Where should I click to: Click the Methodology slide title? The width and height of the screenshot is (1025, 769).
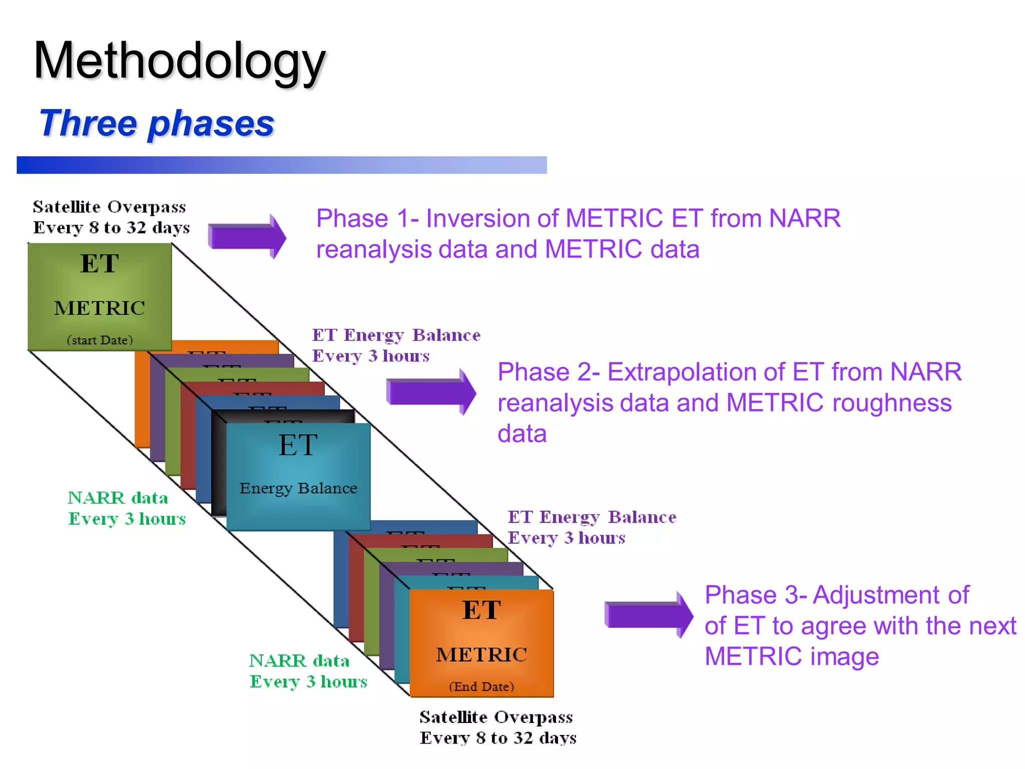coord(179,61)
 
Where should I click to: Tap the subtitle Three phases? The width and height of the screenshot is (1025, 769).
coord(156,123)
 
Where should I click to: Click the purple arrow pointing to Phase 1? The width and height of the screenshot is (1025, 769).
coord(247,236)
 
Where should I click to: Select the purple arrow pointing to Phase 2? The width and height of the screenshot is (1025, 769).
coord(430,392)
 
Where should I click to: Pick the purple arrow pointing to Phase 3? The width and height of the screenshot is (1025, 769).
coord(649,614)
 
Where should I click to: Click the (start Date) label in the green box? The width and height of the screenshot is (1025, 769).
coord(100,340)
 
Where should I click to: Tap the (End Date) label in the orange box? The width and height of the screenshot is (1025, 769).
coord(481,686)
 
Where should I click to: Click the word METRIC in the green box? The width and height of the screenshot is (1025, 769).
coord(100,308)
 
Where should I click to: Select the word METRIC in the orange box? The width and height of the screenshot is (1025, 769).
coord(481,654)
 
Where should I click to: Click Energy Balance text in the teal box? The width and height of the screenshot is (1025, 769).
coord(298,488)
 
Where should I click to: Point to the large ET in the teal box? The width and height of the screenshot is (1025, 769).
coord(298,445)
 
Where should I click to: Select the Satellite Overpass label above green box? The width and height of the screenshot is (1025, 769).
coord(109,207)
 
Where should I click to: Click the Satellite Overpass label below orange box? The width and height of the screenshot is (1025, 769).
coord(496,717)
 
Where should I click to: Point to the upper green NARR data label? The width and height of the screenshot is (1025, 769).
coord(118,498)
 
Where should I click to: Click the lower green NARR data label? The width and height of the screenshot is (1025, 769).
coord(299,661)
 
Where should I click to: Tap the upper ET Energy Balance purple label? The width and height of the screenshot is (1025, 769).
coord(396,335)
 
